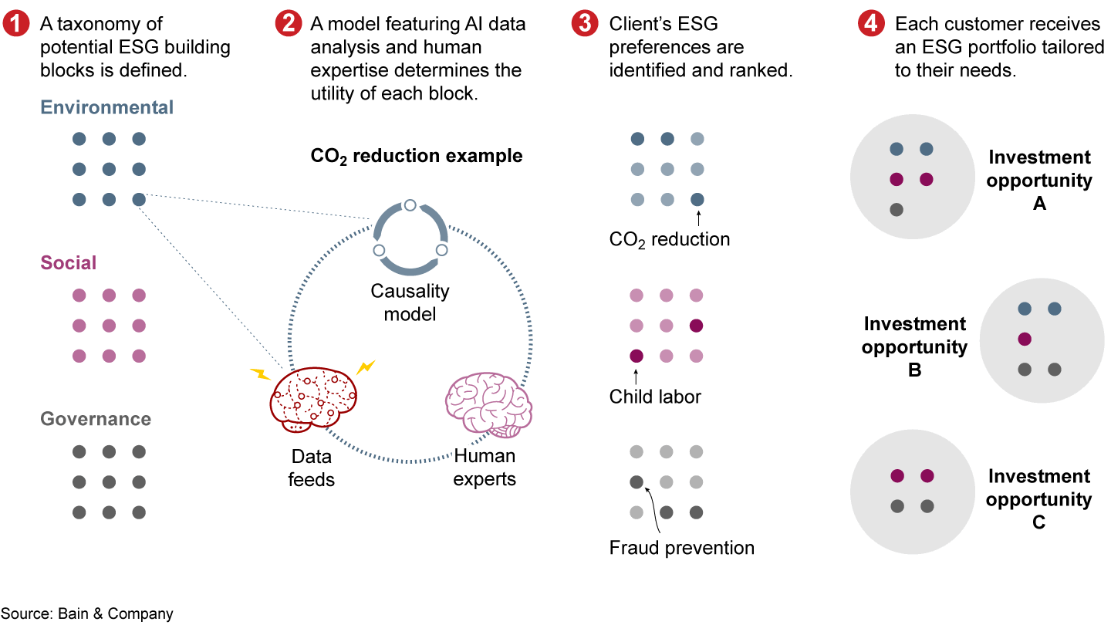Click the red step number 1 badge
(x=15, y=25)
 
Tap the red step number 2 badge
(x=288, y=25)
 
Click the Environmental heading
(x=107, y=107)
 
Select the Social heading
(x=69, y=263)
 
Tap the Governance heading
(x=96, y=419)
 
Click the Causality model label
(x=410, y=302)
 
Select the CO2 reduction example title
(x=417, y=157)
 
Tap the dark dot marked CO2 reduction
(x=697, y=199)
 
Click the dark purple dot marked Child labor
(x=637, y=356)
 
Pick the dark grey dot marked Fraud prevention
(x=637, y=482)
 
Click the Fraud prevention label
(x=681, y=548)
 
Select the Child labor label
(x=655, y=397)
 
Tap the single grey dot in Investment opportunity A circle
(x=896, y=210)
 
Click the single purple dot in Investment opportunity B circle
(x=1025, y=339)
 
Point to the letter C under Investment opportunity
(x=1038, y=522)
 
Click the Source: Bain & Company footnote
(x=86, y=614)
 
